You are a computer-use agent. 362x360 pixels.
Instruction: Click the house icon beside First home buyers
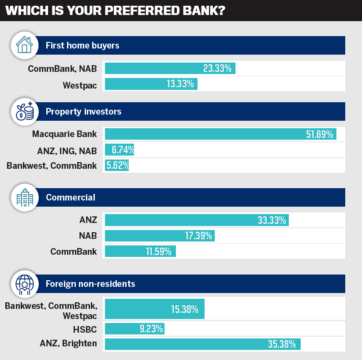coord(24,45)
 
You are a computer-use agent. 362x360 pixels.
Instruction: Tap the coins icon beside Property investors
coord(24,111)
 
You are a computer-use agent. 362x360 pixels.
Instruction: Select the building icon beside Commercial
coord(24,197)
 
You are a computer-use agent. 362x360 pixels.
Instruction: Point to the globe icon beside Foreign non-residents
coord(24,283)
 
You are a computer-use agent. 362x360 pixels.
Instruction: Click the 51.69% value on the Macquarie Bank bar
coord(319,134)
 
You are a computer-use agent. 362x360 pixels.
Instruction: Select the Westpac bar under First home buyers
coord(151,84)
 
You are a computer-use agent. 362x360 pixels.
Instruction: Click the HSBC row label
coord(85,328)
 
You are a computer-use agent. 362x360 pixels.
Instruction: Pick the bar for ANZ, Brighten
coord(202,344)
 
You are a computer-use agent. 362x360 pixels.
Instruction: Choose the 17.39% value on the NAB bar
coord(199,235)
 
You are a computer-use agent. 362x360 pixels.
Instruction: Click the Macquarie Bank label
coord(64,134)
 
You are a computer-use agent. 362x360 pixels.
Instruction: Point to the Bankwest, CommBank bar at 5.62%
coord(116,165)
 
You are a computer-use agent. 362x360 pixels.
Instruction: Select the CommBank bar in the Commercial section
coord(140,251)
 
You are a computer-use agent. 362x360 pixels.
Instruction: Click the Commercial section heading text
coord(71,197)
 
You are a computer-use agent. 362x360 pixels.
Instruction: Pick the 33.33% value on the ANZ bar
coord(272,220)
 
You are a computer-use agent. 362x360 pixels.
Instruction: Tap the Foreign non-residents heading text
coord(90,283)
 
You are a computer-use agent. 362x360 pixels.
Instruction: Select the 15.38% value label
coord(184,309)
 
